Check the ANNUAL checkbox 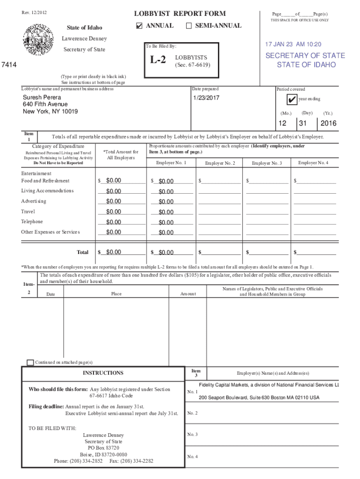click(x=139, y=26)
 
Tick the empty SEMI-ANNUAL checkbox click(x=189, y=26)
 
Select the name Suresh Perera click(x=42, y=97)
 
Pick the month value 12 click(x=282, y=124)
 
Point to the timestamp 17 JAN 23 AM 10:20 click(x=293, y=44)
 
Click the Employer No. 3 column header click(x=266, y=163)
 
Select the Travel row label click(x=28, y=211)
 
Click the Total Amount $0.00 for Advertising click(x=114, y=202)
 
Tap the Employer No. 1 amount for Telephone click(x=166, y=222)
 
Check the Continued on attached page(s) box click(x=30, y=363)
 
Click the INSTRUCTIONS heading click(x=103, y=373)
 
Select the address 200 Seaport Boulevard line click(x=259, y=398)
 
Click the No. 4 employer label click(x=192, y=457)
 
